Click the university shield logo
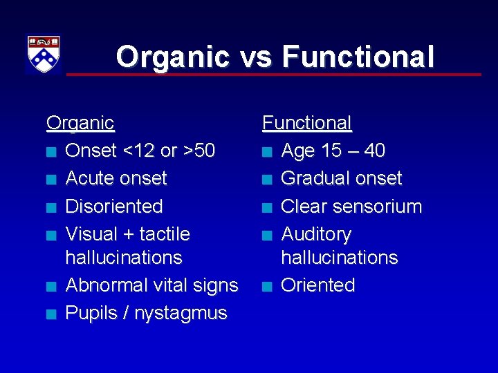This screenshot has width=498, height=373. [43, 55]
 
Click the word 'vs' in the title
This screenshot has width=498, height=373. [255, 57]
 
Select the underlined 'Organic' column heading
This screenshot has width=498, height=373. [80, 123]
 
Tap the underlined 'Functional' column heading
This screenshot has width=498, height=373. [307, 123]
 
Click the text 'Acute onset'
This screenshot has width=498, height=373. [116, 178]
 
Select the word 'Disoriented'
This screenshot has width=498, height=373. [113, 206]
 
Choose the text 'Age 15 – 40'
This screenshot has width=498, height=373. [333, 151]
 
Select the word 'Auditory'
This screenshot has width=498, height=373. [315, 233]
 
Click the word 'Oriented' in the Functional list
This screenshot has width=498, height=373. [317, 285]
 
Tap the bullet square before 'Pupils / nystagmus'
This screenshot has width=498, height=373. [50, 314]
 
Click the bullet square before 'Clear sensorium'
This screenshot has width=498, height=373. [266, 207]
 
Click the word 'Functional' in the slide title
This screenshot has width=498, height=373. [358, 57]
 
